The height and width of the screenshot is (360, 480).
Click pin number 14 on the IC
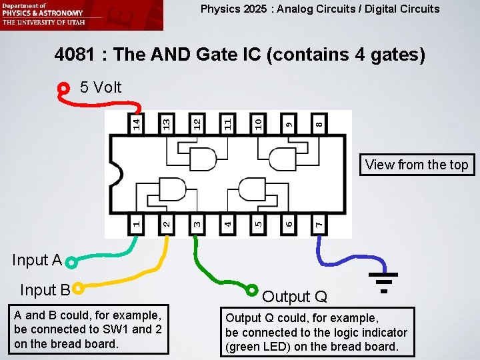136,123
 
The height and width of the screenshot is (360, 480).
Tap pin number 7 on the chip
319,221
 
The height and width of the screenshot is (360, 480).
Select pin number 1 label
136,221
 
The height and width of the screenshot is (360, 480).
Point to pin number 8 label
319,123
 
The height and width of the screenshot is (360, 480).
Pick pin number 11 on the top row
227,123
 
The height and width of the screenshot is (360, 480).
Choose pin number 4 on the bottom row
227,221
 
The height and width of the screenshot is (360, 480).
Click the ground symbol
383,280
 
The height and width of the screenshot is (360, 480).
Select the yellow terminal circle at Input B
79,289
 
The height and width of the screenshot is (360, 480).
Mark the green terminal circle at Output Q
251,290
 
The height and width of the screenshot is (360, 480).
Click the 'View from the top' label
417,165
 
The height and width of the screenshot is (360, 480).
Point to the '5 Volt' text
101,87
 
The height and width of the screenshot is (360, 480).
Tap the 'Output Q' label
295,297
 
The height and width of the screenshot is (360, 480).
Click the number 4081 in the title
77,54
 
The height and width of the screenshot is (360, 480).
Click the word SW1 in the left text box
107,330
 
